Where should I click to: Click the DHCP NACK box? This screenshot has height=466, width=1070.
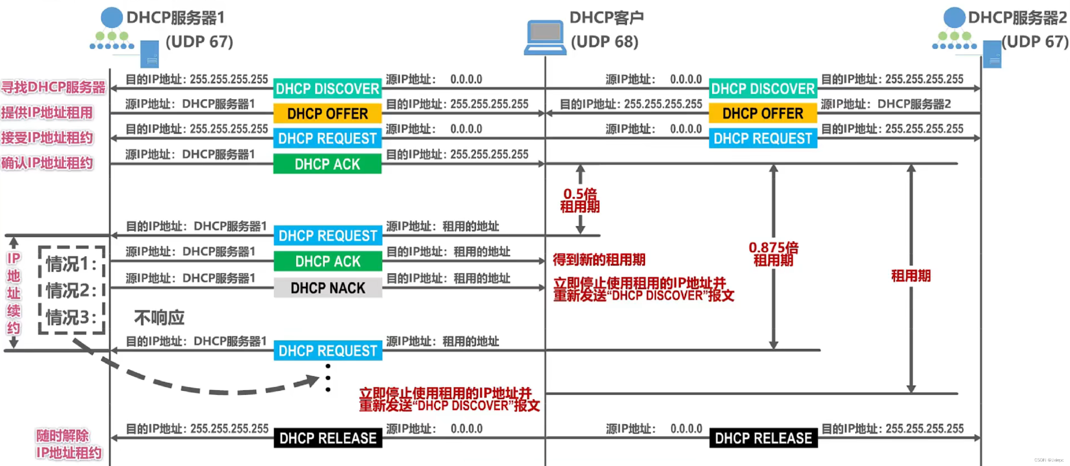point(328,288)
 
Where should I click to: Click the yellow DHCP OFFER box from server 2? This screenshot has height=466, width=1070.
point(762,114)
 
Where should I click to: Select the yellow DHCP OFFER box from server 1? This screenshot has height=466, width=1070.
point(327,114)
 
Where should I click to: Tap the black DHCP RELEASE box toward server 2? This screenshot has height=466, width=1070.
point(763,438)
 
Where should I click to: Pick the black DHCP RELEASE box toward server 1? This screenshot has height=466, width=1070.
point(328,438)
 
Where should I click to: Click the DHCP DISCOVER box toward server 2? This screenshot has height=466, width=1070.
point(762,89)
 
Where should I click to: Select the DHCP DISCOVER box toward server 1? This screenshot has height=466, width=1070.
point(327,89)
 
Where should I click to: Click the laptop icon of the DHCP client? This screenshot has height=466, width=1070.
point(544,37)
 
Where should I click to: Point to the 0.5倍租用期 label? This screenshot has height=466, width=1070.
point(580,200)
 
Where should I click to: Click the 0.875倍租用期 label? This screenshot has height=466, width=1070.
point(773,254)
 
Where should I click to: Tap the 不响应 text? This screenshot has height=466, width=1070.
point(159,317)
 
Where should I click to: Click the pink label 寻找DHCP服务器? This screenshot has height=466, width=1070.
point(53,88)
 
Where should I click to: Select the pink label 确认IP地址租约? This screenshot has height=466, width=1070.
point(47,163)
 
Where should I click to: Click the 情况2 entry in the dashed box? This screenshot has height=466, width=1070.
point(71,290)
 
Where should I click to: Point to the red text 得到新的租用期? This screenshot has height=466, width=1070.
point(599,260)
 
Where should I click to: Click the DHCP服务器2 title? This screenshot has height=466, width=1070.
point(1017,18)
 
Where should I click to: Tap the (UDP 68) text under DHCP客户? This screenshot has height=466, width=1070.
point(605,42)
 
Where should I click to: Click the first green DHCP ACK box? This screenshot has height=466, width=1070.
point(327,164)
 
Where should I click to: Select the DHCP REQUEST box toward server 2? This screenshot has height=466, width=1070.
point(762,138)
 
